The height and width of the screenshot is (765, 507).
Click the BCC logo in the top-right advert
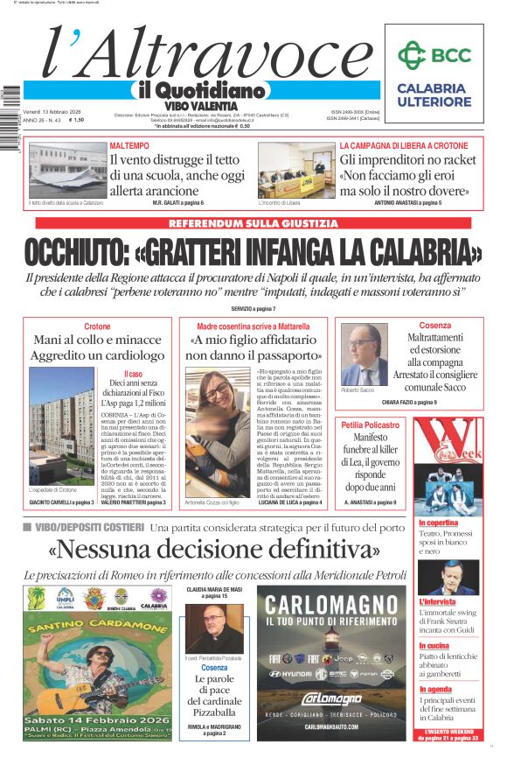[x=434, y=56]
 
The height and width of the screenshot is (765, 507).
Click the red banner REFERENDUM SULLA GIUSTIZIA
[x=253, y=224]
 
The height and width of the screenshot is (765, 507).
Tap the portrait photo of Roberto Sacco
[x=363, y=354]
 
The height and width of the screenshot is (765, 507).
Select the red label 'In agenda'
[x=435, y=689]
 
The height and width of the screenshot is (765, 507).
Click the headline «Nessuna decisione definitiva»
[x=214, y=550]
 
